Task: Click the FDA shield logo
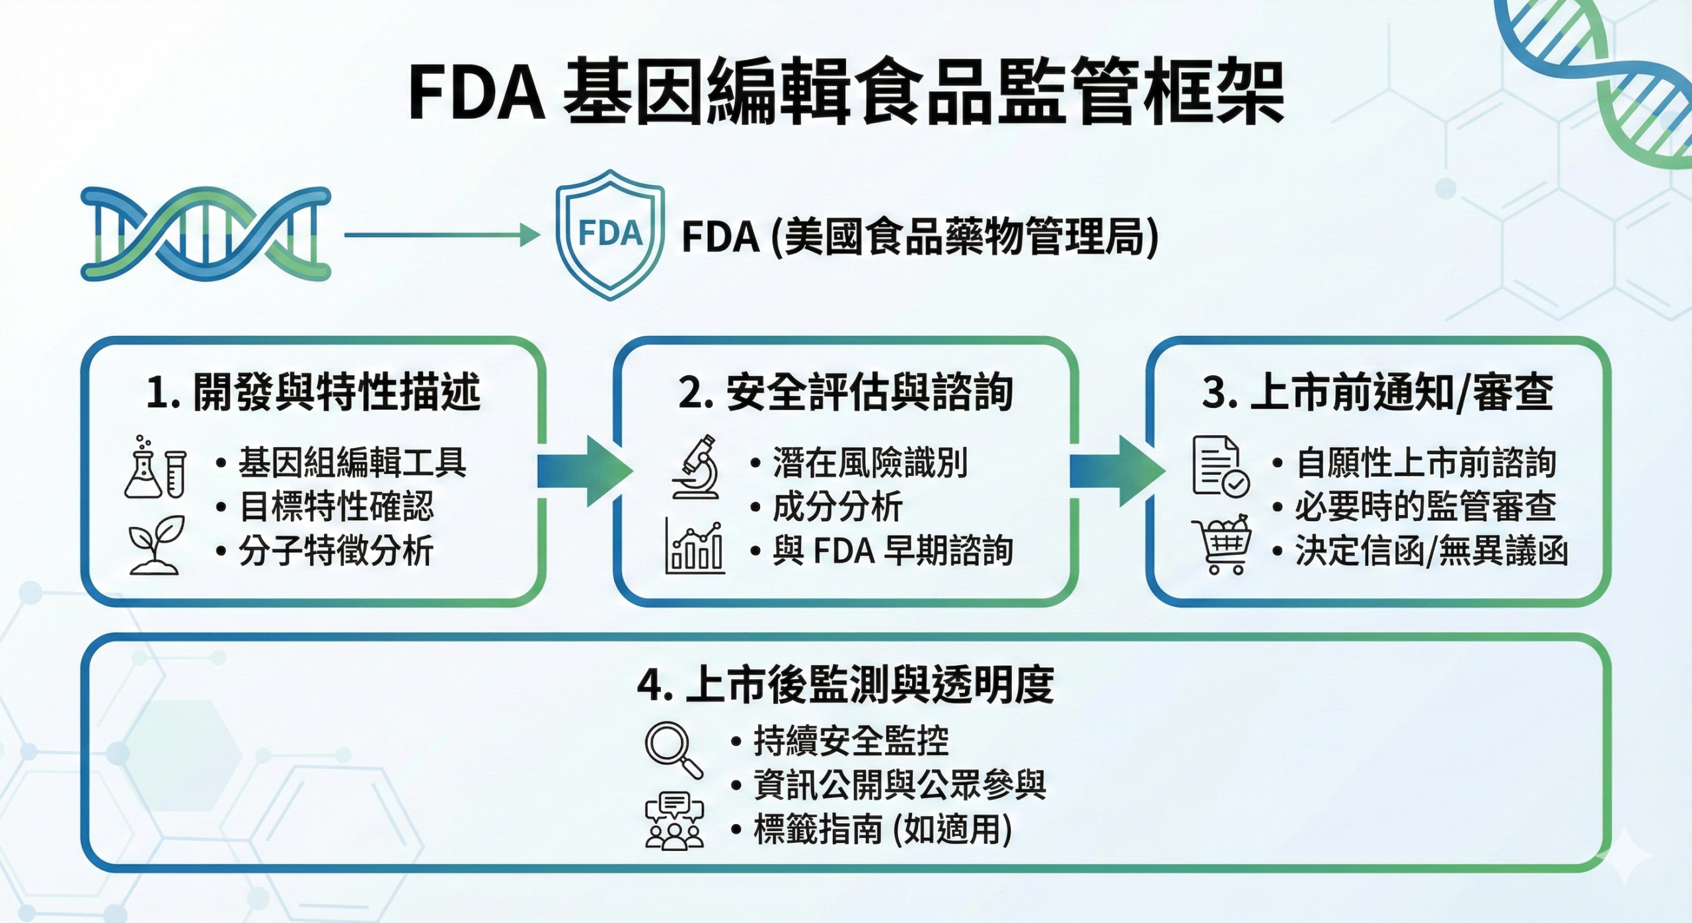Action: (609, 235)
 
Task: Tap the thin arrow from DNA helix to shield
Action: (442, 235)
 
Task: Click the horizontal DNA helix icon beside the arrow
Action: (206, 234)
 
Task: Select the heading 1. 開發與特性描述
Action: (313, 392)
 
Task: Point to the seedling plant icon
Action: (156, 545)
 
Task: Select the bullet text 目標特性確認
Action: (336, 507)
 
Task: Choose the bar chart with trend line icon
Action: (695, 546)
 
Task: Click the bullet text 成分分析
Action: (837, 507)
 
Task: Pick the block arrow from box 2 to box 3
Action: (1116, 471)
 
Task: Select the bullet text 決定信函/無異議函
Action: (1432, 551)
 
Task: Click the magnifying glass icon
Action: (673, 750)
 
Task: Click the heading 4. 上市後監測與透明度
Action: (845, 685)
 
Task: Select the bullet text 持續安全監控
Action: (851, 741)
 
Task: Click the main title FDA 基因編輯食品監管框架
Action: (846, 93)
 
